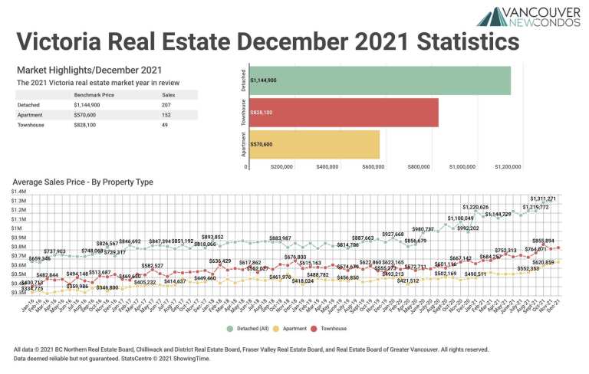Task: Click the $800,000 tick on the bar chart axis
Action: (x=419, y=166)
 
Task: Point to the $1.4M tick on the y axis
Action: (x=21, y=192)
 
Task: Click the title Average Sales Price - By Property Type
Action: (x=83, y=182)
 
